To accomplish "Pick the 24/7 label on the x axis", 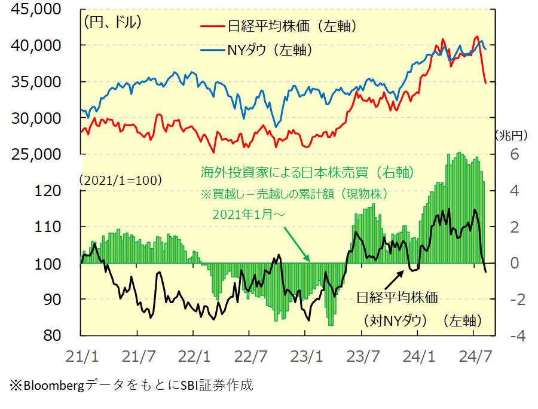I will [x=475, y=356].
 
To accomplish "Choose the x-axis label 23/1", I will [x=307, y=356].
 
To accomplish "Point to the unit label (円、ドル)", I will [x=113, y=23].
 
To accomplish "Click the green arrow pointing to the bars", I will [x=296, y=245].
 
